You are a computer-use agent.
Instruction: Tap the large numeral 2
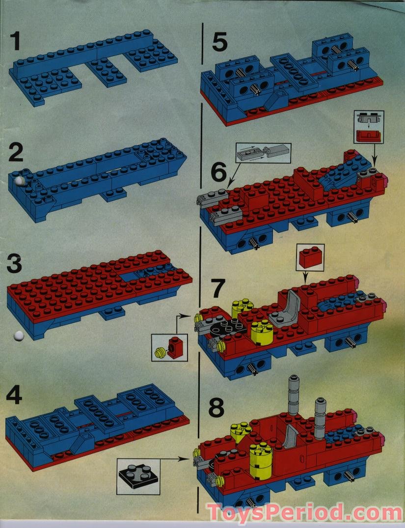point(17,153)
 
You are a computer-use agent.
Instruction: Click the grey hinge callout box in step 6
point(263,154)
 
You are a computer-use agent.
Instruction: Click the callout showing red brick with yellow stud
point(168,347)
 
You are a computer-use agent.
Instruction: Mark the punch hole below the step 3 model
point(18,335)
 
